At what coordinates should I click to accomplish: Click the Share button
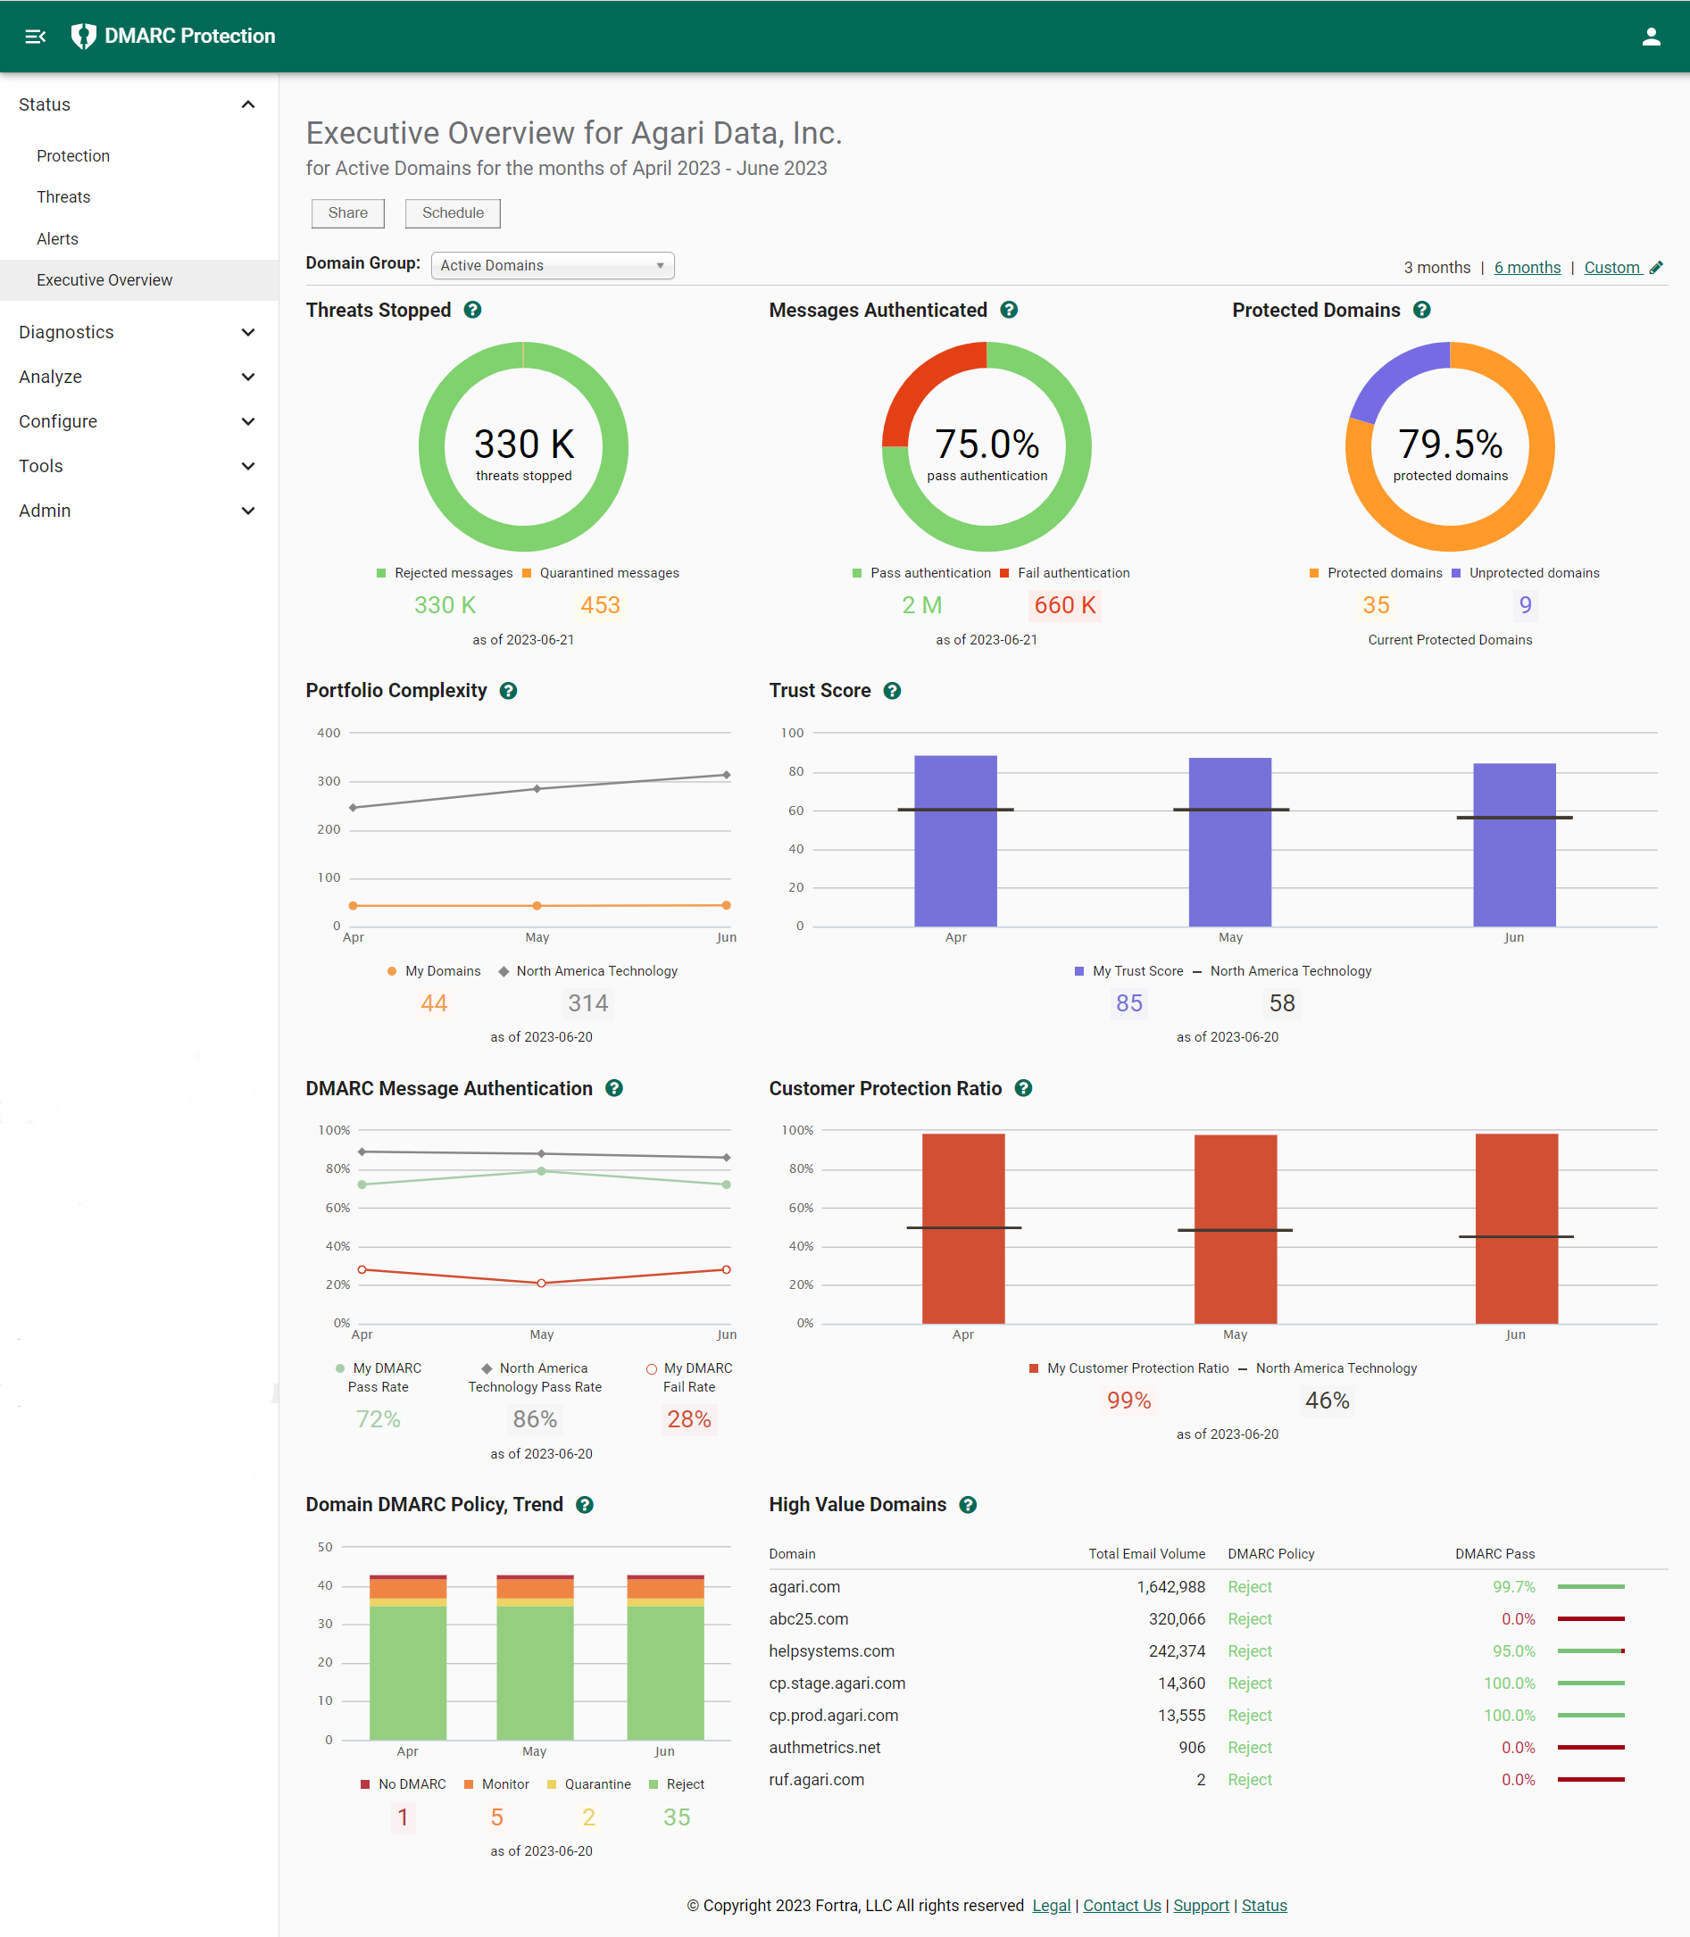(347, 213)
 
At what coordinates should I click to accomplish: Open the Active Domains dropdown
(552, 266)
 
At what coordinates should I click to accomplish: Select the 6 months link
(1526, 268)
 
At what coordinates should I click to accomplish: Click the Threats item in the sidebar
(63, 197)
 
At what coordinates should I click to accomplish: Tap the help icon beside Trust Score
(891, 691)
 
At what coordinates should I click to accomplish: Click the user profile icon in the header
(1651, 37)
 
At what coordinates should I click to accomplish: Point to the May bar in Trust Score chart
(1228, 841)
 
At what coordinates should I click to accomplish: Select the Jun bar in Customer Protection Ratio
(1516, 1228)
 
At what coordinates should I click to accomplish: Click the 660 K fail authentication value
(1064, 605)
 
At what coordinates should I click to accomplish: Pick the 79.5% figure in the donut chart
(1450, 445)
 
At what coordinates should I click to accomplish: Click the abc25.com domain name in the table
(808, 1619)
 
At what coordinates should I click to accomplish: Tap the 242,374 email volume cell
(1176, 1651)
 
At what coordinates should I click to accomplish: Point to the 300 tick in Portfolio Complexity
(329, 782)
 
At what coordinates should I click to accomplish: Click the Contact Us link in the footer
(1121, 1905)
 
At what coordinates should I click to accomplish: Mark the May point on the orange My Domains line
(537, 906)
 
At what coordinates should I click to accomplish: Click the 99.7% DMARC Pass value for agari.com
(1512, 1587)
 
